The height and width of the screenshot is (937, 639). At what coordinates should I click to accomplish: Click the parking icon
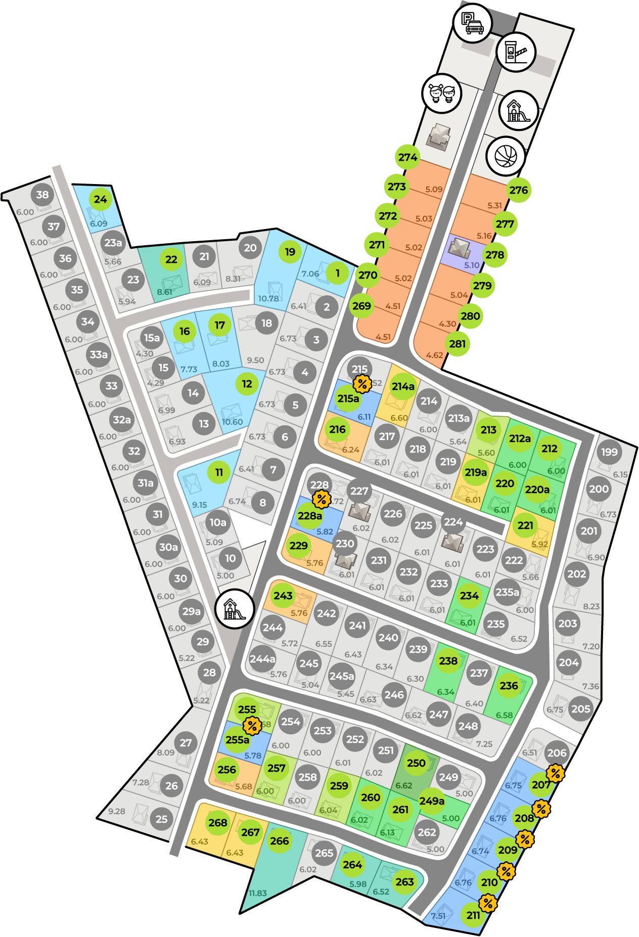(472, 23)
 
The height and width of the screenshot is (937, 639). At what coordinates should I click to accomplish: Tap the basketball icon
(506, 156)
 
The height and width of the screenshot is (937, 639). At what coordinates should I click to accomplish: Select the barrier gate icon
(516, 52)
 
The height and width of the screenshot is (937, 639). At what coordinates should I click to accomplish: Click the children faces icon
(442, 93)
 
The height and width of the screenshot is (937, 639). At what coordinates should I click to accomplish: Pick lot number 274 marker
(407, 157)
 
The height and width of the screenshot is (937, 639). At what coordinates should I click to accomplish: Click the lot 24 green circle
(101, 199)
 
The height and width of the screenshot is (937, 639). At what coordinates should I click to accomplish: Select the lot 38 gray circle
(42, 195)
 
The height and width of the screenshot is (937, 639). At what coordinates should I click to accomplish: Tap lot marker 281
(457, 344)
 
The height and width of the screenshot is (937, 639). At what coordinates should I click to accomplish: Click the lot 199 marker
(609, 452)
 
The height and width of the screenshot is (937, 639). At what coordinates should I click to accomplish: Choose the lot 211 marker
(474, 915)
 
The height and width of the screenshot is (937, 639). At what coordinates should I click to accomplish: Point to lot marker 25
(161, 819)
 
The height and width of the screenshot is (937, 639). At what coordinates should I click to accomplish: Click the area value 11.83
(257, 894)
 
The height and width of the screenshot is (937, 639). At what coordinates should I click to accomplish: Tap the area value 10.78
(268, 298)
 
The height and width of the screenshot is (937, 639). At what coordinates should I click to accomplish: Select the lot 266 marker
(280, 841)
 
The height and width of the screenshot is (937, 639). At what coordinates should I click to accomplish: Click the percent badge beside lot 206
(555, 773)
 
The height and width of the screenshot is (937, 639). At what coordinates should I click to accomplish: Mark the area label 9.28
(116, 811)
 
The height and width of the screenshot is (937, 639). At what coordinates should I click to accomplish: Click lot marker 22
(171, 259)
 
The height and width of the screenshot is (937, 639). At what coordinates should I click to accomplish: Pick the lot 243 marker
(283, 596)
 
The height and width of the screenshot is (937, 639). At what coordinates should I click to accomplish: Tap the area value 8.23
(591, 606)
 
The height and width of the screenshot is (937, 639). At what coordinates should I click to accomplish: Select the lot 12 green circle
(247, 384)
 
